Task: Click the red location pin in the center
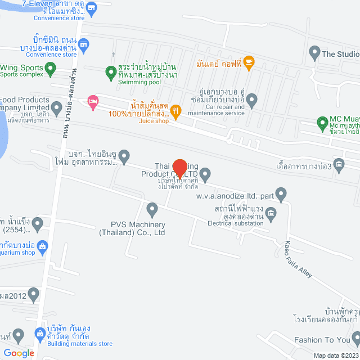click(179, 168)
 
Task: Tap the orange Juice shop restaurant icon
click(176, 111)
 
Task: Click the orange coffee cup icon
click(249, 61)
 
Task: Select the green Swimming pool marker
click(111, 71)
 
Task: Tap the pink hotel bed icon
click(93, 102)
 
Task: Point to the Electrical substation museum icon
click(271, 212)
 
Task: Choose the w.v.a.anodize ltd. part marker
click(282, 195)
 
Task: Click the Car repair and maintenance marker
click(252, 101)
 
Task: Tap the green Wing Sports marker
click(51, 70)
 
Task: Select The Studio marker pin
click(314, 54)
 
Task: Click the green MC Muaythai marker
click(322, 122)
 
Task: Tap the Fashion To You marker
click(355, 339)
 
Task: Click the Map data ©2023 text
click(336, 355)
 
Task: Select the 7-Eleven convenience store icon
click(92, 8)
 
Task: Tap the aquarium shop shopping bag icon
click(44, 245)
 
